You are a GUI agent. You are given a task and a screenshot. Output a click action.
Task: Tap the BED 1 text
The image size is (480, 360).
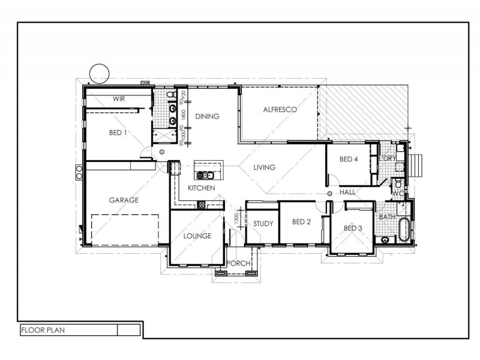117,132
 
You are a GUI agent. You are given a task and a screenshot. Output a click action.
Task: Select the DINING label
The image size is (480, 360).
207,116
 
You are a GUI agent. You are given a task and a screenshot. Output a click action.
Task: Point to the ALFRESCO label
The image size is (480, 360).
280,110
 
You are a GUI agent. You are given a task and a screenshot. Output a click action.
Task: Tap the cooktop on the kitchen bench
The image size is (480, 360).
202,205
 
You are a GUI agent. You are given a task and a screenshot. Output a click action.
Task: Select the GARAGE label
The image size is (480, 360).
124,200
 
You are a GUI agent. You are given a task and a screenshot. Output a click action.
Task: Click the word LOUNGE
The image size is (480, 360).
197,236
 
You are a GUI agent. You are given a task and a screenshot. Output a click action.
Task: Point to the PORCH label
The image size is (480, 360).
238,263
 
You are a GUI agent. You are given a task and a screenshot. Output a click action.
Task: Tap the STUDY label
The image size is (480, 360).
263,224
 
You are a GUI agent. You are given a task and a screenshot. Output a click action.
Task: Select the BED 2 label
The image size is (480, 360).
301,222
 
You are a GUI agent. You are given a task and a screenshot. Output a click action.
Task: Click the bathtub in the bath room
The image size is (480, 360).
404,230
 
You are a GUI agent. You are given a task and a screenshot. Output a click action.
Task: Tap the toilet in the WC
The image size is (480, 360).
395,184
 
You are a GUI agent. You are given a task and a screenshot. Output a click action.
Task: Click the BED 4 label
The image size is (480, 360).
349,159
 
